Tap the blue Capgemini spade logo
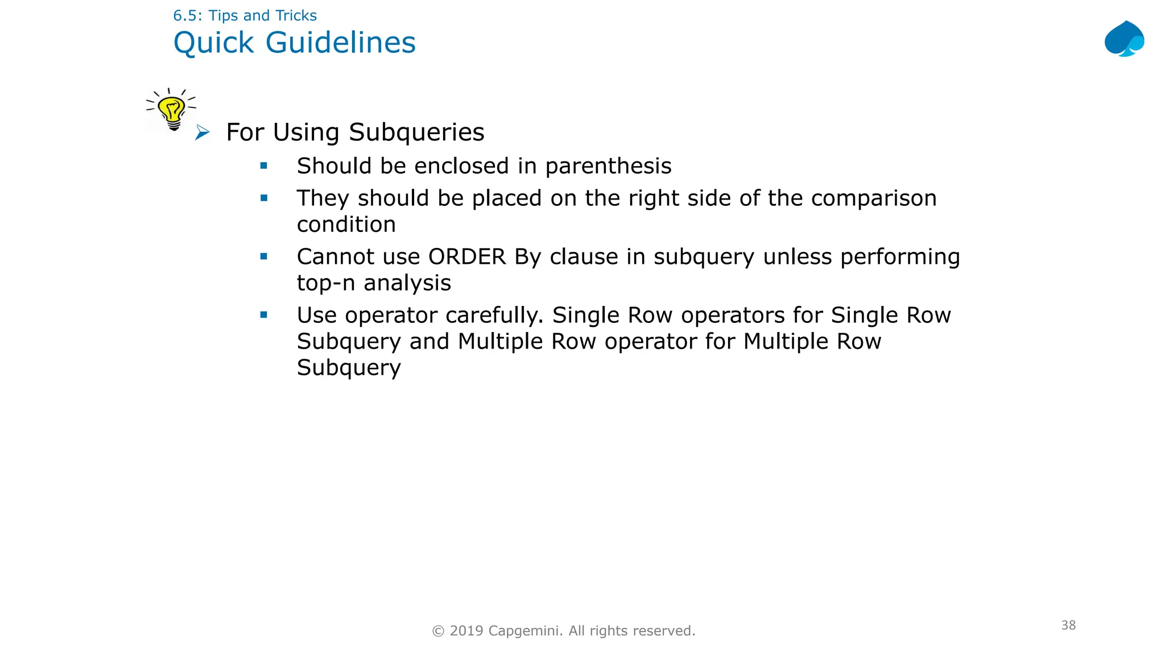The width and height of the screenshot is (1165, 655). click(1124, 39)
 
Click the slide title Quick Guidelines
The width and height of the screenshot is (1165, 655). click(294, 43)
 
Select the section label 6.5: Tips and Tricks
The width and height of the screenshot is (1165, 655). click(245, 15)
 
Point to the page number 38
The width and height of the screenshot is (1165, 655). click(1068, 625)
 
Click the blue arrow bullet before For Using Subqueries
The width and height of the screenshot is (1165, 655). click(202, 133)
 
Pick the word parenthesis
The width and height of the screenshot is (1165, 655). click(608, 166)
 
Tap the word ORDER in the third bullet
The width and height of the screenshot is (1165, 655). click(466, 257)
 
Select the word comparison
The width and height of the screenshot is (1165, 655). click(873, 198)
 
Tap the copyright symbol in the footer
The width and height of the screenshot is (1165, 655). click(438, 631)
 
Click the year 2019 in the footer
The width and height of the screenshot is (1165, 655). click(466, 631)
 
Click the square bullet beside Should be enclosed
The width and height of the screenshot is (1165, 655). click(264, 166)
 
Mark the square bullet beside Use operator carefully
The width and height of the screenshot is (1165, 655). click(264, 315)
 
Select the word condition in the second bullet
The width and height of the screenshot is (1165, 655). click(346, 225)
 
